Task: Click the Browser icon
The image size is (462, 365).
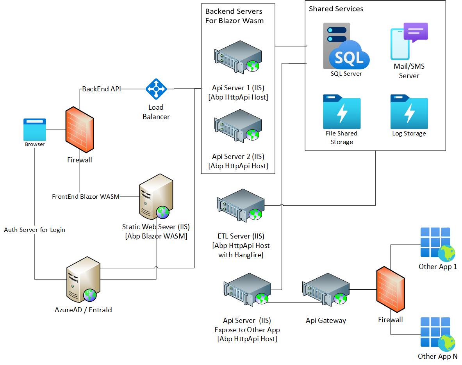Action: pos(35,129)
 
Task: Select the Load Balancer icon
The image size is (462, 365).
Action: pos(156,89)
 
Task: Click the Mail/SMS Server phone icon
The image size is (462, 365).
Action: pos(409,42)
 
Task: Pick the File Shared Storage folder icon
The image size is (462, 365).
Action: pos(342,111)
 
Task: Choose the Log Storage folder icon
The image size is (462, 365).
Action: pos(409,111)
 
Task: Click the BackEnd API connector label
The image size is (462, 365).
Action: pos(102,89)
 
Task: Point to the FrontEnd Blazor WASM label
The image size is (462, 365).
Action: pos(86,196)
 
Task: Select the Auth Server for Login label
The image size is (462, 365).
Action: pos(34,230)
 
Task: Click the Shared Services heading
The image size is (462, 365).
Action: pos(336,9)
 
